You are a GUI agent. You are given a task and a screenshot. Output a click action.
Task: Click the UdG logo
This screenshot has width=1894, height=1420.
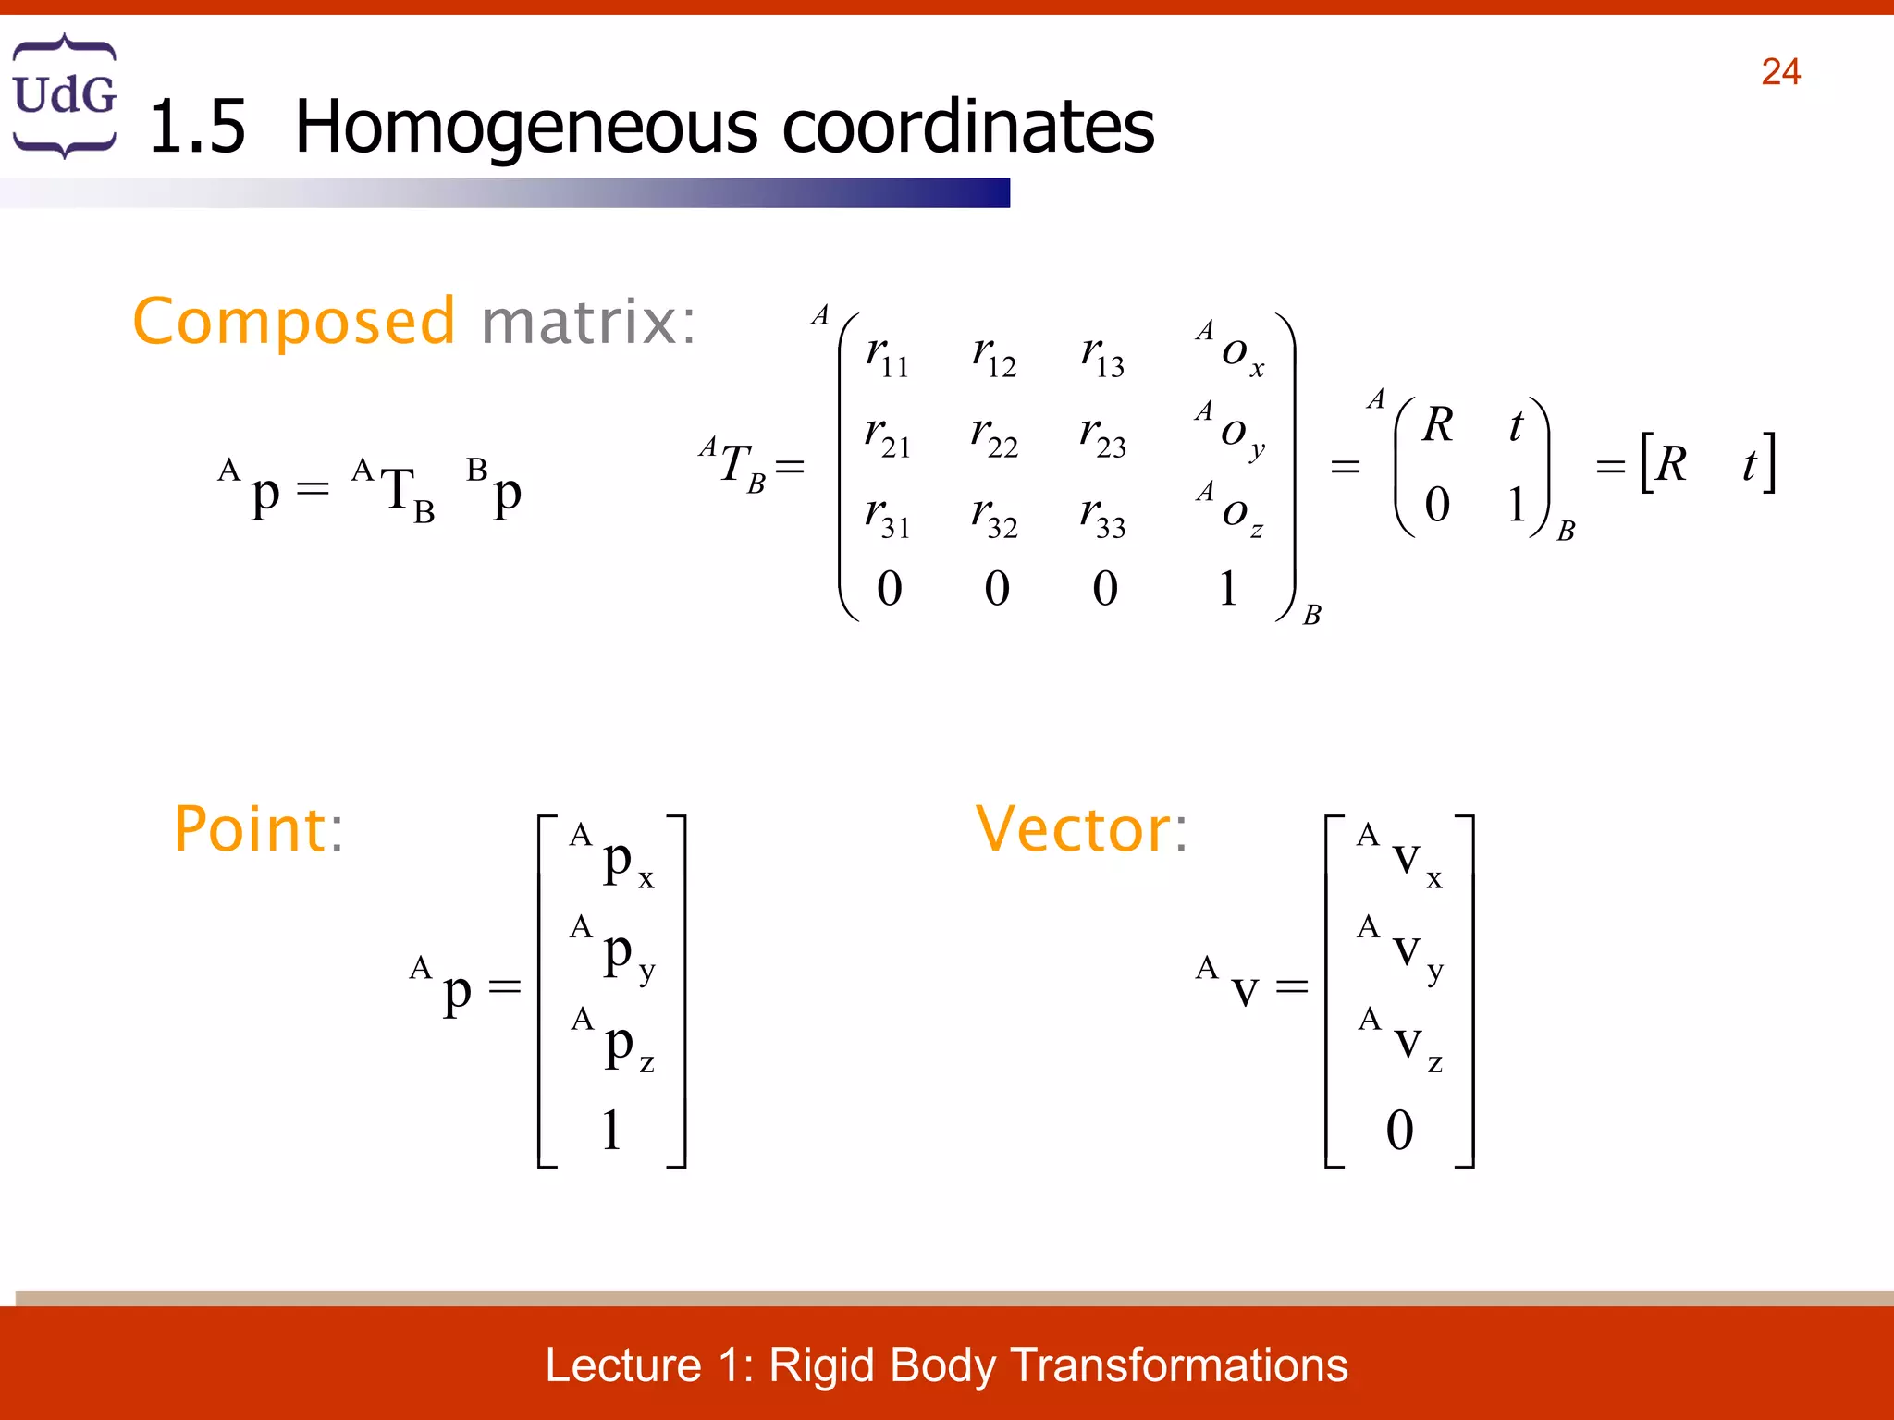pyautogui.click(x=65, y=95)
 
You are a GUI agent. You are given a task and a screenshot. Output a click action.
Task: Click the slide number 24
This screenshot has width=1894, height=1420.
pyautogui.click(x=1779, y=72)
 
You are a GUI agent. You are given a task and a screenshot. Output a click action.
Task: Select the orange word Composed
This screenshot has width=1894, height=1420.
pyautogui.click(x=294, y=322)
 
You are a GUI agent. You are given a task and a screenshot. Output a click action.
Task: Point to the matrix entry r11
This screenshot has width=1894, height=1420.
pyautogui.click(x=886, y=356)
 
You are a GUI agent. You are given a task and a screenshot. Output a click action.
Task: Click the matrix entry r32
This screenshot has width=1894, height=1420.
pyautogui.click(x=994, y=516)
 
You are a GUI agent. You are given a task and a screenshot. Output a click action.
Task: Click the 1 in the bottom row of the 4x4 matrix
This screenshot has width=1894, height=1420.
pyautogui.click(x=1228, y=589)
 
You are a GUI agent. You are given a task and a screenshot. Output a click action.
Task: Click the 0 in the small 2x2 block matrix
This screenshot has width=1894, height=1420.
pyautogui.click(x=1436, y=505)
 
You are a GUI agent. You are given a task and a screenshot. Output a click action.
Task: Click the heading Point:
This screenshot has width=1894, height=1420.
pyautogui.click(x=259, y=829)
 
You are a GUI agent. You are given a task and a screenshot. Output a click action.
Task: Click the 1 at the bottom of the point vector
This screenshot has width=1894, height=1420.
pyautogui.click(x=611, y=1130)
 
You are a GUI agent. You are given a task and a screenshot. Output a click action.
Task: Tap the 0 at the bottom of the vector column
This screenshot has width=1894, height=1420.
pyautogui.click(x=1399, y=1130)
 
